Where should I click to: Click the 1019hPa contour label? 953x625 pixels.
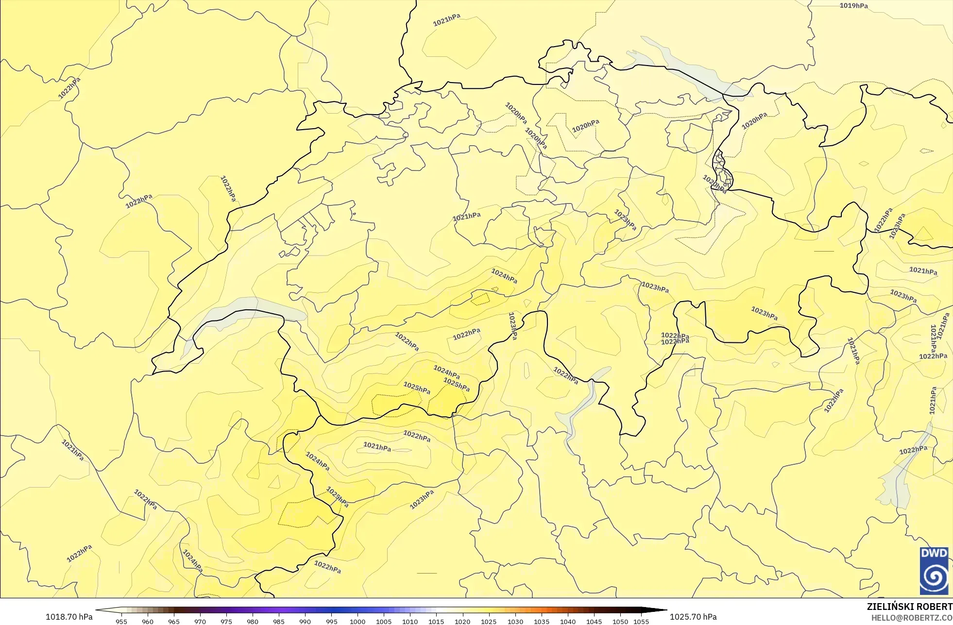click(853, 6)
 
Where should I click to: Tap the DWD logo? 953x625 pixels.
click(934, 570)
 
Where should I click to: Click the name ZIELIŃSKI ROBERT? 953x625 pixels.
click(909, 607)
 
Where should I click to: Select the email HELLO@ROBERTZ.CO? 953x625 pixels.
click(912, 618)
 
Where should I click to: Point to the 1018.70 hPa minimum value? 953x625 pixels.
click(69, 617)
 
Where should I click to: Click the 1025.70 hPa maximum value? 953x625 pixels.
click(693, 617)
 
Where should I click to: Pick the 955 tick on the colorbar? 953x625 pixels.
click(121, 621)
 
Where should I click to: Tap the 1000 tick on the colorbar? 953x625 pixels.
click(357, 621)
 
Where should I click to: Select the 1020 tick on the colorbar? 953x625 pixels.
click(462, 621)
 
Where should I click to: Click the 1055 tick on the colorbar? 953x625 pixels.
click(641, 621)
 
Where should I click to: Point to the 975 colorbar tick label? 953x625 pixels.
click(226, 621)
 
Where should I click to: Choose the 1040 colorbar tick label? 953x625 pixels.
click(568, 621)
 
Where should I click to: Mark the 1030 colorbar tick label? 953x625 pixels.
click(515, 621)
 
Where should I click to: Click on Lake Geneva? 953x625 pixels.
click(243, 306)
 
